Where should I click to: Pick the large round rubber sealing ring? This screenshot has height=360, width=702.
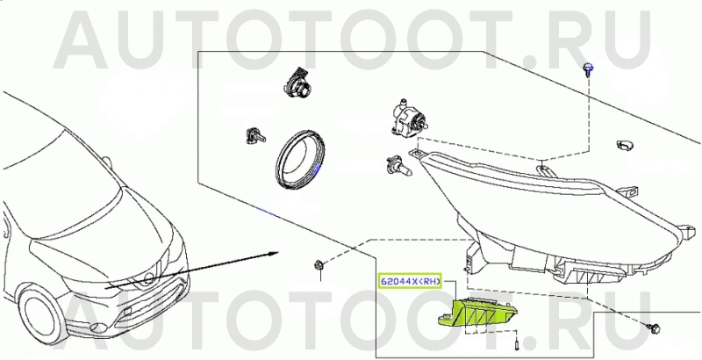[x=299, y=159]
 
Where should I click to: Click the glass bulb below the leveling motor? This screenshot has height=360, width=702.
[x=398, y=166]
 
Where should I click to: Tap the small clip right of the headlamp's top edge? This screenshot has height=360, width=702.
[x=625, y=145]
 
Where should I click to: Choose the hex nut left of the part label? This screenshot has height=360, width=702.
[x=319, y=264]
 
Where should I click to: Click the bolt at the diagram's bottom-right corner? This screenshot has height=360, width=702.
[x=654, y=328]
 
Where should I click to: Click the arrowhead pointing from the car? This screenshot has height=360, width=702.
[x=274, y=254]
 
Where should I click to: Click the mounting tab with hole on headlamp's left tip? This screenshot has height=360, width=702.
[x=416, y=153]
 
